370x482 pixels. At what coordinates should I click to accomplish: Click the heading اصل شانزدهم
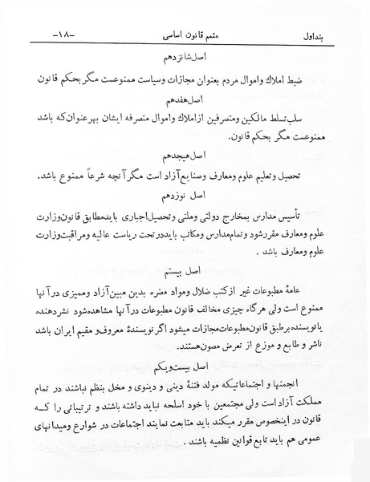click(184, 59)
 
